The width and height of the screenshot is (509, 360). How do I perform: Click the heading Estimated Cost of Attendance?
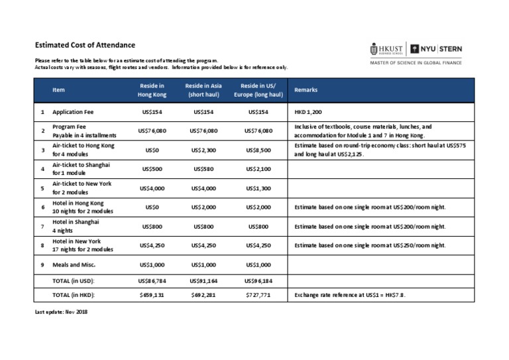pos(85,45)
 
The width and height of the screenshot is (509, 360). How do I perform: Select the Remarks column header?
pos(306,90)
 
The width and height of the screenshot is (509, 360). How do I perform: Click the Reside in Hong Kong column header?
pos(152,90)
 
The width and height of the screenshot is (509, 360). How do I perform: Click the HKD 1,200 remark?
pos(309,112)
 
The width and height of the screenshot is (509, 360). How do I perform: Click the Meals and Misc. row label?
pos(75,265)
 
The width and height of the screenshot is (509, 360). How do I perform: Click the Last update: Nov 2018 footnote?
pos(60,311)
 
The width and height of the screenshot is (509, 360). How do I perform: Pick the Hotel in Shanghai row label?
pos(76,222)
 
